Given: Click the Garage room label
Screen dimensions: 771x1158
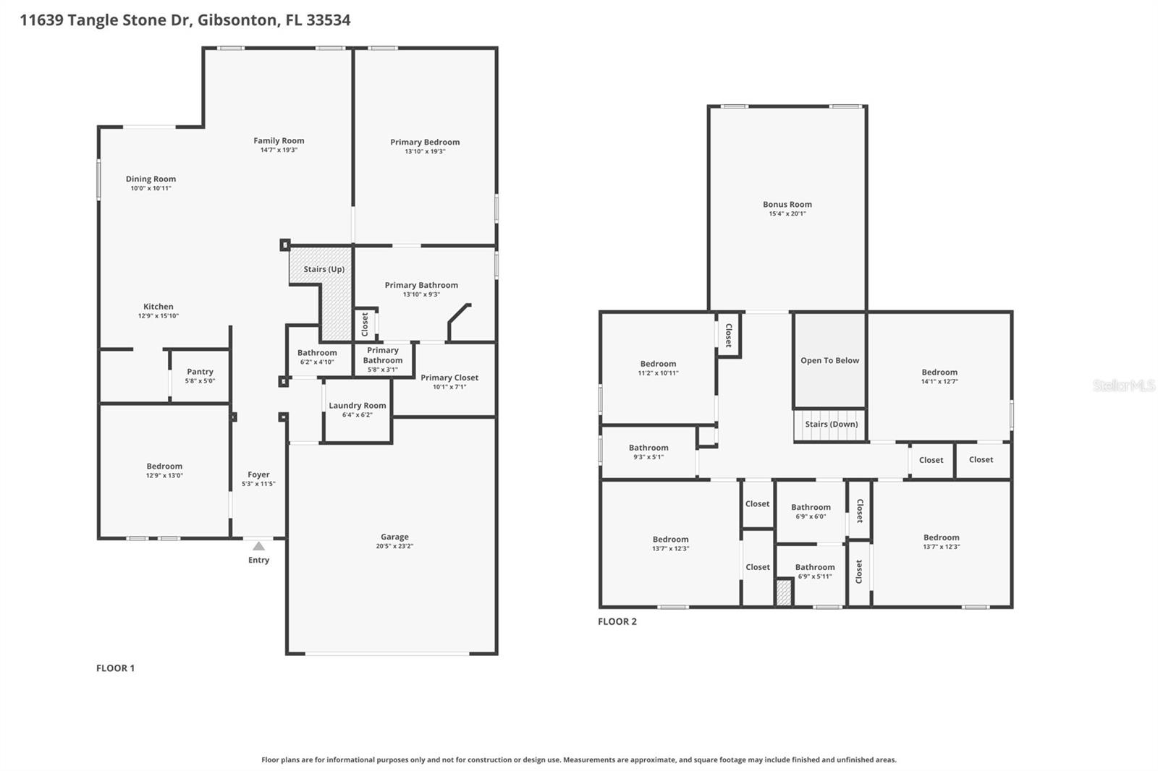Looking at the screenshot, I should [394, 537].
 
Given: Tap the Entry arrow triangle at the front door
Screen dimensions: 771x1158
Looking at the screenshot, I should [258, 546].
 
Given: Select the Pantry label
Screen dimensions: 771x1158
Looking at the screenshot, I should [200, 372].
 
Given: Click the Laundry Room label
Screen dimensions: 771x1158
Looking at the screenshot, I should [358, 406].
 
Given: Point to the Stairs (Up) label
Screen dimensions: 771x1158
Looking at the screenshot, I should [324, 269].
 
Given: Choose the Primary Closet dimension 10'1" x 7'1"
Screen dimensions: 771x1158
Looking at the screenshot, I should [449, 387].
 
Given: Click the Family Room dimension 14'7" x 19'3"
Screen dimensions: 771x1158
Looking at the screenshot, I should [279, 150].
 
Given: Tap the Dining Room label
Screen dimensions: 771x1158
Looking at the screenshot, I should [151, 179].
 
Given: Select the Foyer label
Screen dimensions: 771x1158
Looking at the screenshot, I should [258, 474].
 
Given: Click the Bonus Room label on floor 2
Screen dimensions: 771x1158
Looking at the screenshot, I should [787, 205].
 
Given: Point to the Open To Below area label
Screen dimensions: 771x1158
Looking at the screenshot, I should [829, 360].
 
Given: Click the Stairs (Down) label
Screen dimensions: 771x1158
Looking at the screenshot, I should [831, 425].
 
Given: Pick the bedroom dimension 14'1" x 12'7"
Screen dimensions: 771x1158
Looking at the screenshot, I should [939, 382].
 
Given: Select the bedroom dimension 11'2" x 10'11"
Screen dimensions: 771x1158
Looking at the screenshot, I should [658, 373].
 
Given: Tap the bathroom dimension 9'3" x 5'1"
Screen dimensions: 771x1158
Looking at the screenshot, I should [648, 457].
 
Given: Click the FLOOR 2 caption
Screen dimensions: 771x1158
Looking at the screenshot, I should [617, 621].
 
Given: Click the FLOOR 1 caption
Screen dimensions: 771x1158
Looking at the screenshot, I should [116, 668].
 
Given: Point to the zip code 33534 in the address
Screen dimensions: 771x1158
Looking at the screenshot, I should [328, 20].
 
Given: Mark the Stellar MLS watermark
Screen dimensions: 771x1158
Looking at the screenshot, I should [1123, 385].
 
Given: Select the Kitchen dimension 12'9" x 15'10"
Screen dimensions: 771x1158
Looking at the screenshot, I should [159, 316].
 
